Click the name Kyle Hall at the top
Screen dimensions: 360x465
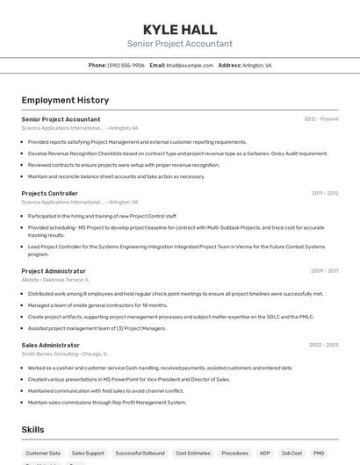(179, 29)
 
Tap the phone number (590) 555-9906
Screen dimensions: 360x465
(126, 65)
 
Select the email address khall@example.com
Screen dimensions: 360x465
(190, 65)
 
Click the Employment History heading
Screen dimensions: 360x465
(65, 100)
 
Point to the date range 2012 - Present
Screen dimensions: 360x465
(321, 118)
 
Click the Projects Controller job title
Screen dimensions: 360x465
(49, 193)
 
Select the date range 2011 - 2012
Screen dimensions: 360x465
(325, 193)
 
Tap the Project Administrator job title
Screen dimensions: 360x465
(54, 271)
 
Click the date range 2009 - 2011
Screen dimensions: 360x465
(325, 271)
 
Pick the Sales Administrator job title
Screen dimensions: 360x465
(50, 345)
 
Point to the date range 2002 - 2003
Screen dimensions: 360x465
(323, 345)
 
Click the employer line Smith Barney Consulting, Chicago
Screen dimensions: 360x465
(64, 354)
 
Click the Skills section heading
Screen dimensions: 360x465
(34, 430)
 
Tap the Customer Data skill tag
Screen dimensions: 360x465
(43, 454)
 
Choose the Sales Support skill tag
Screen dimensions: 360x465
(88, 454)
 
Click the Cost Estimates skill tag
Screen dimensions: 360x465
(192, 454)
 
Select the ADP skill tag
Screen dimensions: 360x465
(264, 454)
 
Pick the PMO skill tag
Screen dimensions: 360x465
(319, 454)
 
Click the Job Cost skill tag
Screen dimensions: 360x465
(292, 454)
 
